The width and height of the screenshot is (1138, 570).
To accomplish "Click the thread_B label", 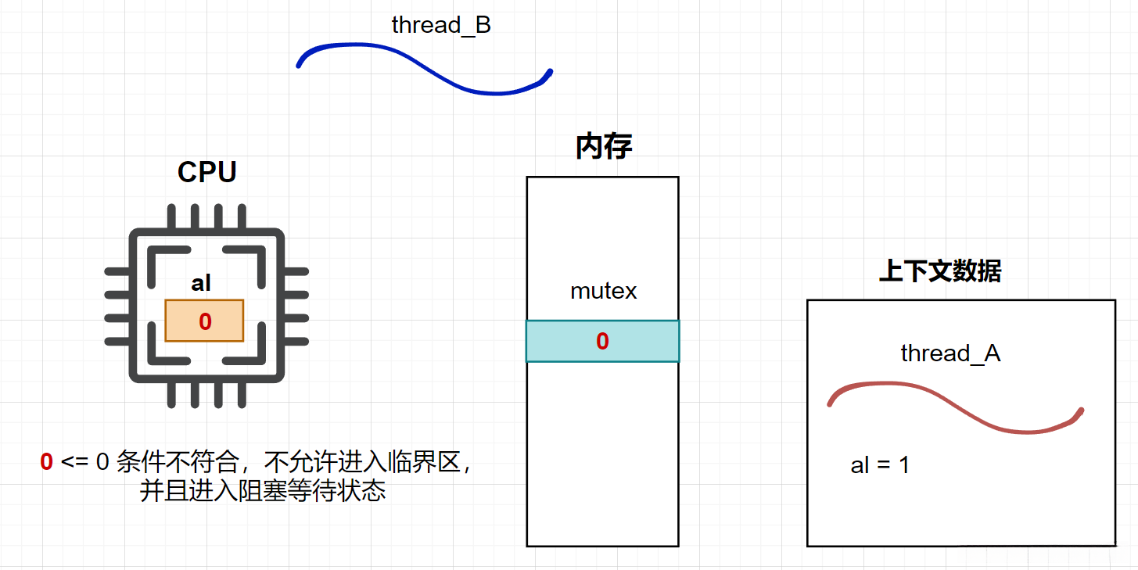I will (x=441, y=25).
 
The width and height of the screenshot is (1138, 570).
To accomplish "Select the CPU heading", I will (x=207, y=172).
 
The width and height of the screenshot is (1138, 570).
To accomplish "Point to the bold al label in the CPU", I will (x=201, y=283).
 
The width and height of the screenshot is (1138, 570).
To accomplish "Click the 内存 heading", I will (x=603, y=146).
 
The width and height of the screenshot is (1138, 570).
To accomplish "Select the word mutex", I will (x=603, y=292).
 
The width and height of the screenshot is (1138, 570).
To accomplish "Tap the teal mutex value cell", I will (x=563, y=341).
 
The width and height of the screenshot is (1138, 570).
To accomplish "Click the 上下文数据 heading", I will (x=940, y=271).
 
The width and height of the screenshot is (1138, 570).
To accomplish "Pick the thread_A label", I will (x=950, y=353).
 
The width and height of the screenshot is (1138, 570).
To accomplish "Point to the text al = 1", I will (x=880, y=465).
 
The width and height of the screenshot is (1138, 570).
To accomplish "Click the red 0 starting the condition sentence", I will (x=47, y=462).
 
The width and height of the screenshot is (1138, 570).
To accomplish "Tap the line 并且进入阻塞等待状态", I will (x=263, y=491).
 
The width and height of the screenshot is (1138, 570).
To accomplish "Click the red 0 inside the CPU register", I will (x=205, y=321).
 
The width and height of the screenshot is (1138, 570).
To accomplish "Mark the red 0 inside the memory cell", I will (x=602, y=341).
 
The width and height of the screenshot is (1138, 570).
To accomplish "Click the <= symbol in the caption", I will (x=75, y=462).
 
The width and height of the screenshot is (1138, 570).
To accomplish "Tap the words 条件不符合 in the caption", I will (x=176, y=462).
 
